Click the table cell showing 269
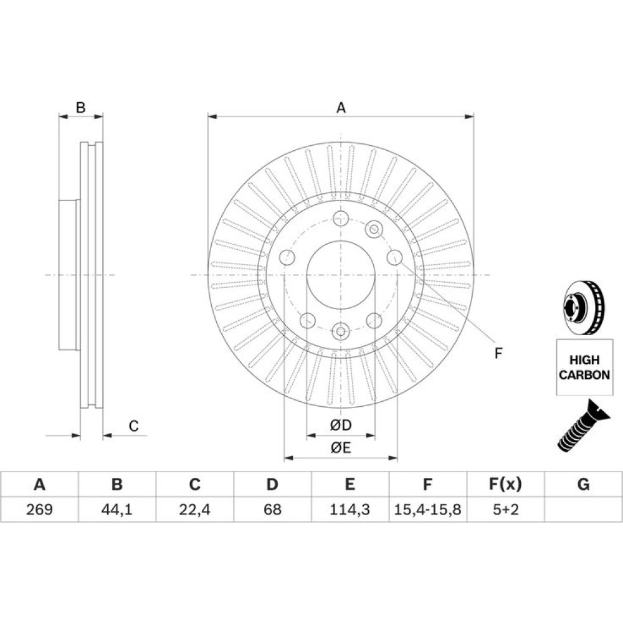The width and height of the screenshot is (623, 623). (39, 509)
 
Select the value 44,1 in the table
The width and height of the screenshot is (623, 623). (117, 509)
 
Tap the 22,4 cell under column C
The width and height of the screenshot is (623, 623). (194, 509)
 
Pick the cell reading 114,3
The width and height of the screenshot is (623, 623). (350, 509)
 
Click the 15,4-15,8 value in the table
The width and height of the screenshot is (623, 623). (427, 509)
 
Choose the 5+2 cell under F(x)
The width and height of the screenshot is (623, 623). (505, 509)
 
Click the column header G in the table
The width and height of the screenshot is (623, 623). (583, 484)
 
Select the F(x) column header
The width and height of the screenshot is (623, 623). (505, 484)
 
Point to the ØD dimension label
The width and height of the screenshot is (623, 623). (341, 425)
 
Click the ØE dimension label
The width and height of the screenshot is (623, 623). (341, 448)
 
